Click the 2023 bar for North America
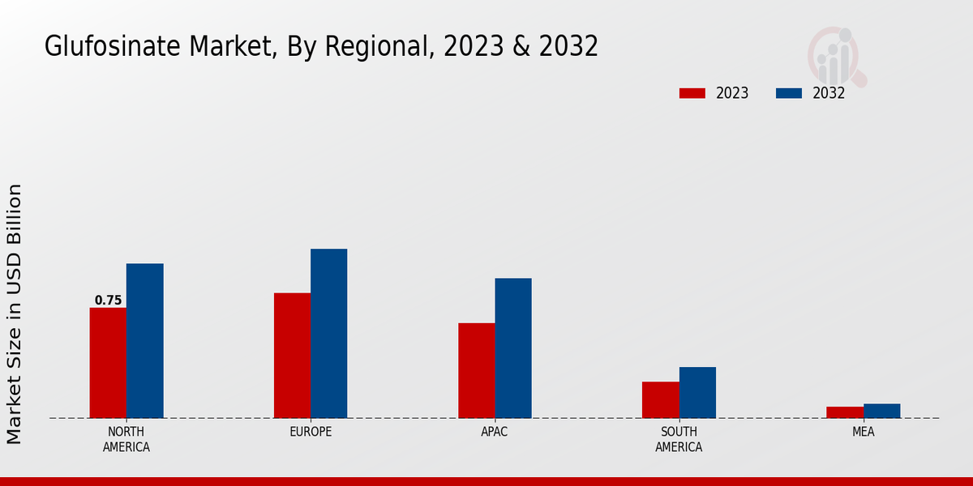(108, 363)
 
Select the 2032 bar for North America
(144, 341)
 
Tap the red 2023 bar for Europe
(292, 356)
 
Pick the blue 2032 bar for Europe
(328, 334)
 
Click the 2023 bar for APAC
(476, 371)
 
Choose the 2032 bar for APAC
(513, 348)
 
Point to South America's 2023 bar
(660, 400)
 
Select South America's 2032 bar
(697, 393)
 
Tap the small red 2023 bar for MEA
(845, 412)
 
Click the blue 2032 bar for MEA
(881, 411)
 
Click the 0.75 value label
(108, 301)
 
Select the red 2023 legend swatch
(692, 93)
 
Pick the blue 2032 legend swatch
(788, 93)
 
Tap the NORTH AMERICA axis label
(126, 439)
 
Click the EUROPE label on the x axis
(311, 432)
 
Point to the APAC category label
(495, 432)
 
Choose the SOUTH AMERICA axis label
(679, 439)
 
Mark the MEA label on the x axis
(863, 432)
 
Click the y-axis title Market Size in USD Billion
(15, 314)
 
